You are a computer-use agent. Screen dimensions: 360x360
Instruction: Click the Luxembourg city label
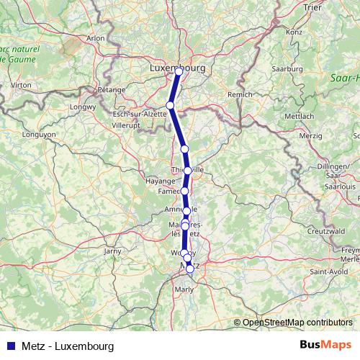[x=177, y=68]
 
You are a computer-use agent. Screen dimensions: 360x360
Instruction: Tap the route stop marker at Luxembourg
[x=179, y=71]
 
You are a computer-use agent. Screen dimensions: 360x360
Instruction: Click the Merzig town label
[x=310, y=135]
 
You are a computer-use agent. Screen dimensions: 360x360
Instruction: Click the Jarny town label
[x=113, y=251]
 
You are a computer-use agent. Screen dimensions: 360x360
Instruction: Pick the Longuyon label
[x=39, y=134]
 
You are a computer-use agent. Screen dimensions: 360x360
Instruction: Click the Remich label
[x=240, y=94]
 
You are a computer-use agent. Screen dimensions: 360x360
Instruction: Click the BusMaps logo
[x=325, y=346]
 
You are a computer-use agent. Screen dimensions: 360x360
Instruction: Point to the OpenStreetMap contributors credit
[x=297, y=323]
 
